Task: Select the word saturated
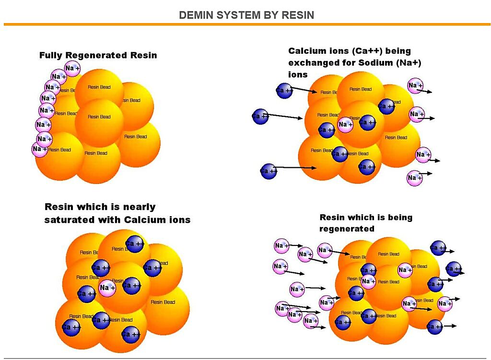pos(68,220)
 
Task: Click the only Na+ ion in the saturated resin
pos(107,288)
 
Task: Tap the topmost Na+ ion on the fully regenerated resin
pos(72,69)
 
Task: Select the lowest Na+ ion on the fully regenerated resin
pos(40,149)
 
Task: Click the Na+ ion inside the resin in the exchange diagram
pos(345,125)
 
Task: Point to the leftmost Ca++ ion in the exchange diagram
pos(260,116)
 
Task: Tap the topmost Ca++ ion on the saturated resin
pos(135,244)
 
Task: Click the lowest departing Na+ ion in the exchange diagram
pos(414,178)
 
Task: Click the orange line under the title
pos(245,24)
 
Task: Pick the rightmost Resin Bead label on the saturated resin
pos(163,302)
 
